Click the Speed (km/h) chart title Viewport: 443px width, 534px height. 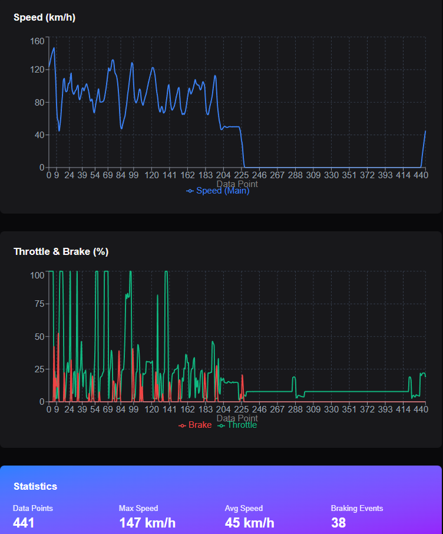coord(44,18)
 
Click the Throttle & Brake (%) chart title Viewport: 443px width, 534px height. coord(61,252)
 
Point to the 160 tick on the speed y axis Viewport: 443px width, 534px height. coord(37,41)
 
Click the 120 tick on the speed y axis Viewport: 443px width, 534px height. coord(37,70)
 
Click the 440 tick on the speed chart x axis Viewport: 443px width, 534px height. coord(420,175)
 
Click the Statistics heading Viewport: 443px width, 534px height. coord(35,486)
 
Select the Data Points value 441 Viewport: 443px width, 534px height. coord(24,523)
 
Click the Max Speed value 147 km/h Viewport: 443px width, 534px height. coord(147,523)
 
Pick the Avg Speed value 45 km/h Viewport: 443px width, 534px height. coord(249,523)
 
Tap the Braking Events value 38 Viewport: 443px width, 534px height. coord(338,523)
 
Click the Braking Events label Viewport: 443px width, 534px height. coord(357,508)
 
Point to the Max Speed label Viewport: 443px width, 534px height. coord(138,508)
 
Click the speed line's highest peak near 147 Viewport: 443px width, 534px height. coord(54,48)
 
